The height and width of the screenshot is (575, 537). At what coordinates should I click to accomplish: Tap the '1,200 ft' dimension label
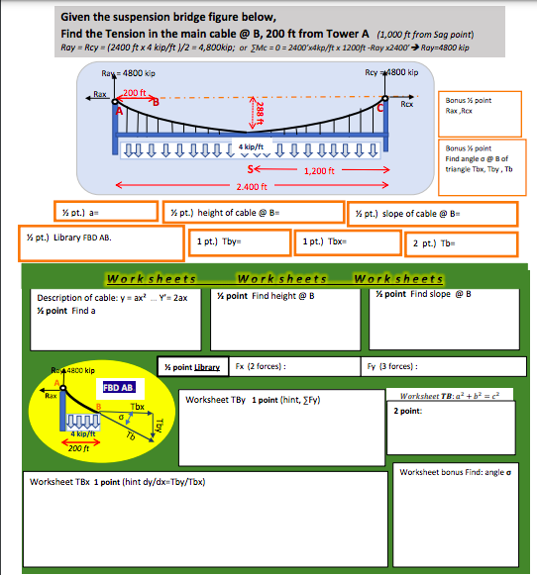[322, 170]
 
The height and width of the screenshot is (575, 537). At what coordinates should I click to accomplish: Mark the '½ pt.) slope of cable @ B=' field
[432, 214]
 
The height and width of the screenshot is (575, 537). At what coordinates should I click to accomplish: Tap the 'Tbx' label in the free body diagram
[138, 407]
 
